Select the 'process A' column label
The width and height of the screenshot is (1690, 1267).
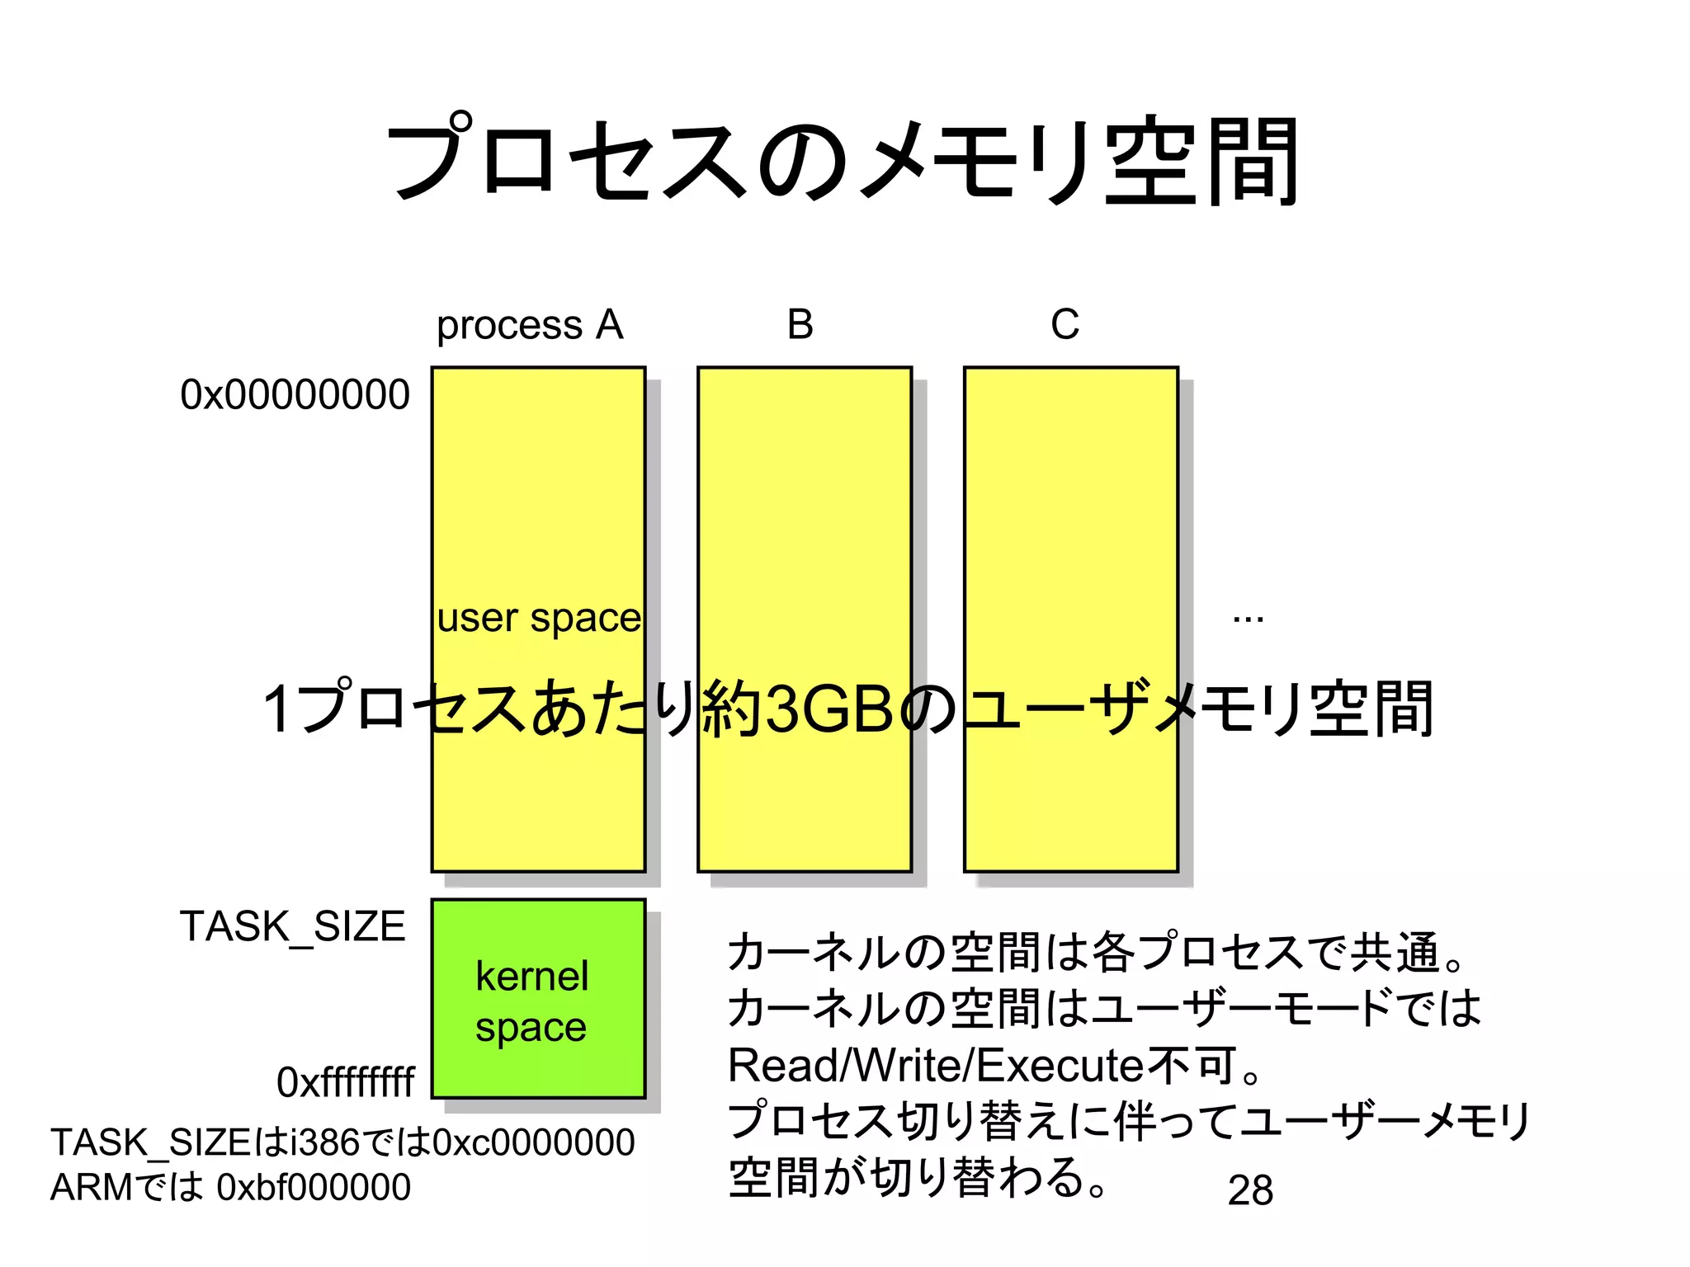coord(530,324)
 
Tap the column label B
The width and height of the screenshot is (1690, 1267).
coord(800,324)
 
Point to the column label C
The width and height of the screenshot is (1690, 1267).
coord(1065,324)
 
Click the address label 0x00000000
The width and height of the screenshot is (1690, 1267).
coord(295,394)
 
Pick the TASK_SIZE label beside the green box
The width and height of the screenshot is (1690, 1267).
coord(293,926)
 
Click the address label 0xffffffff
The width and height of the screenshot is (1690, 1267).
coord(345,1081)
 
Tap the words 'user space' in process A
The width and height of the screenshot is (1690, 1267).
coord(538,618)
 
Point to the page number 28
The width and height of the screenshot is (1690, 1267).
coord(1250,1190)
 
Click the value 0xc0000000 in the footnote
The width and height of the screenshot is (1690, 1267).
coord(534,1142)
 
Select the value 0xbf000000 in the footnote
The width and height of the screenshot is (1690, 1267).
coord(314,1187)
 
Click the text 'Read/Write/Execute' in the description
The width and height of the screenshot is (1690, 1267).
coord(935,1065)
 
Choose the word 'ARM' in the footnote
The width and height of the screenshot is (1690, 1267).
coord(91,1187)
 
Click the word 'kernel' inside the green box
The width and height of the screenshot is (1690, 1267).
coord(532,976)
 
